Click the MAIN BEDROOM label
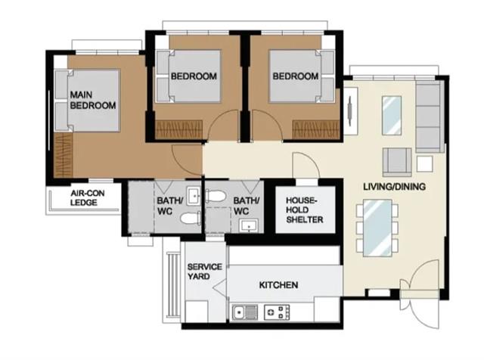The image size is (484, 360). click(93, 100)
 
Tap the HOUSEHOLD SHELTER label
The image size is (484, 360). click(304, 210)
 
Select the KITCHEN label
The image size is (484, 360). click(278, 284)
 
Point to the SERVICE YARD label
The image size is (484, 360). click(205, 272)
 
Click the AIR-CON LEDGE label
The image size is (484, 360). click(88, 198)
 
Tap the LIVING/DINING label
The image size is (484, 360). click(394, 187)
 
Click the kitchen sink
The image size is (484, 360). click(245, 312)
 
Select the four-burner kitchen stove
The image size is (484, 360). click(277, 312)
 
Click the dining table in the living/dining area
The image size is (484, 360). click(377, 228)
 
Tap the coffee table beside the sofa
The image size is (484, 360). click(392, 116)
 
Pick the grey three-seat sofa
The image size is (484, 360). click(428, 117)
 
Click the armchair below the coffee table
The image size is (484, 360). click(397, 162)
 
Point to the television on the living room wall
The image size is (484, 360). click(350, 111)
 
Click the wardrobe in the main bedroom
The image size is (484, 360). click(64, 155)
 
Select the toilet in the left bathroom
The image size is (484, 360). click(190, 219)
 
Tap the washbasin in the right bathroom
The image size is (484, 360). click(249, 225)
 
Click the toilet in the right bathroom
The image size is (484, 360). click(216, 197)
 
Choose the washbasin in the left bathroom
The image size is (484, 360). click(194, 196)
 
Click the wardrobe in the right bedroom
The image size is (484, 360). click(316, 129)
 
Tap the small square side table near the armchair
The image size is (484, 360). click(424, 163)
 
